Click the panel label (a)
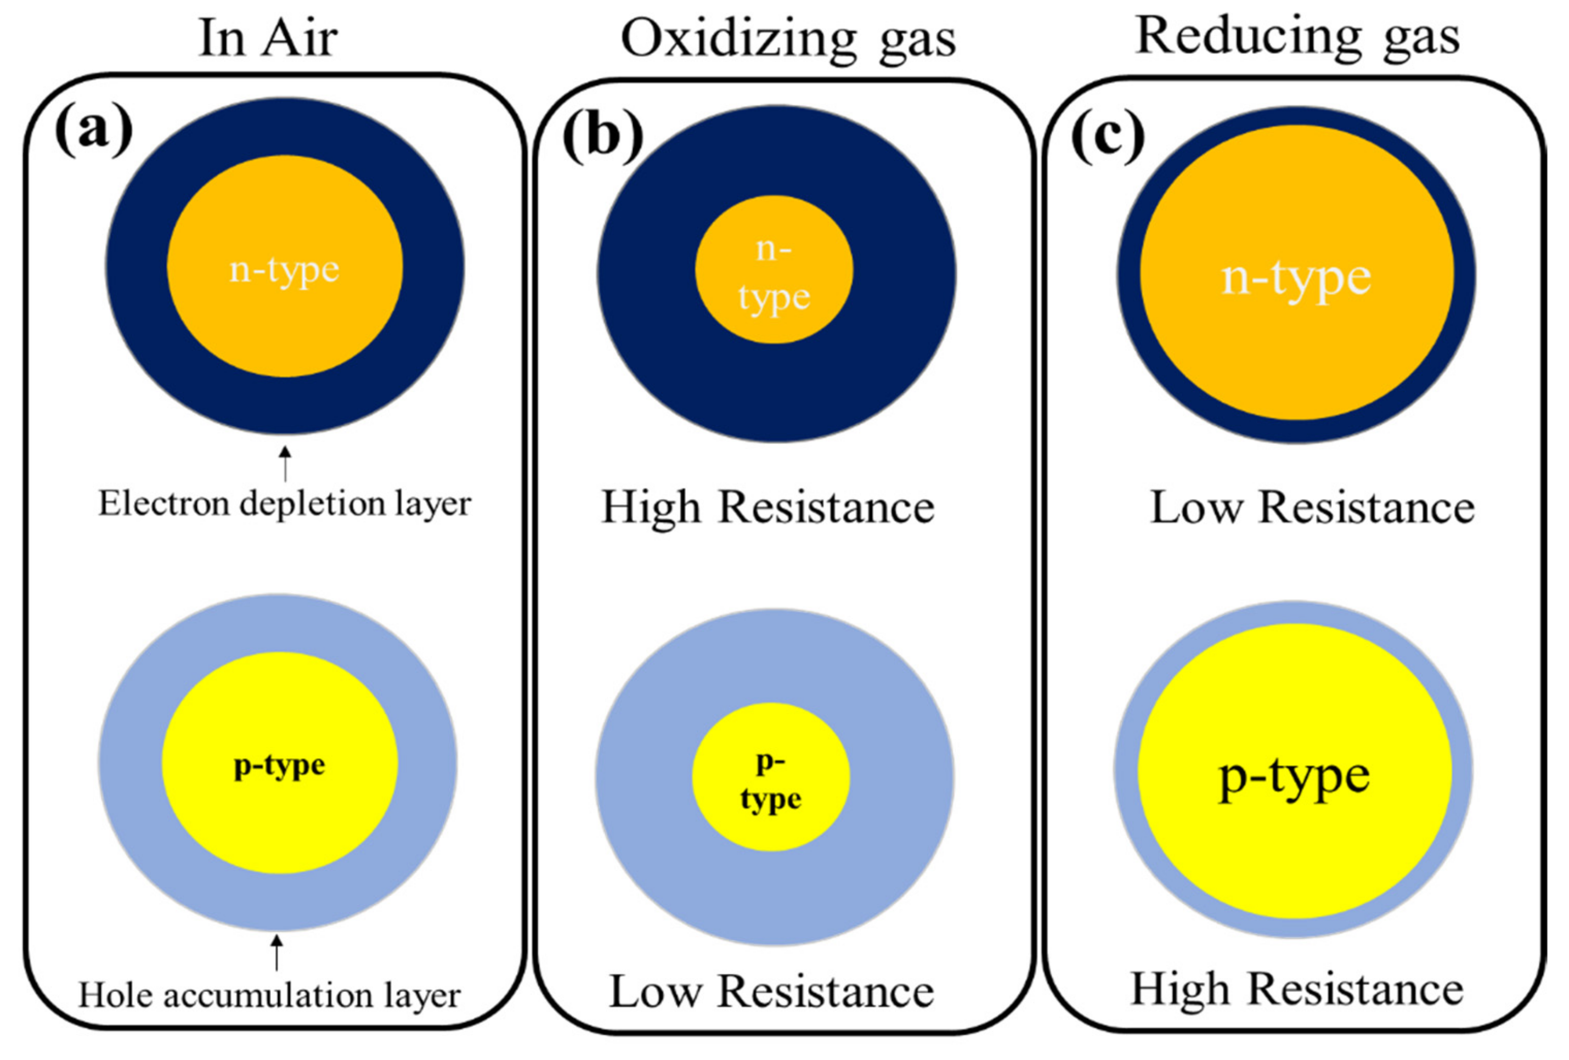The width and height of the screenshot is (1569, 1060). click(x=94, y=129)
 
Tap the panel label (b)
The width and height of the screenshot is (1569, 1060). click(x=603, y=134)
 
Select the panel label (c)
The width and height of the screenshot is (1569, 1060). click(x=1108, y=136)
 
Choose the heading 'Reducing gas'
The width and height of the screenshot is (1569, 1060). click(x=1297, y=36)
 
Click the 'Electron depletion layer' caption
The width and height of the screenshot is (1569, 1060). click(x=284, y=504)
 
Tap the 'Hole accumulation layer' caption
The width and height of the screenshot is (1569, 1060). click(x=269, y=995)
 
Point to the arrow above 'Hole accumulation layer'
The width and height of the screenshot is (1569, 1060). click(x=276, y=952)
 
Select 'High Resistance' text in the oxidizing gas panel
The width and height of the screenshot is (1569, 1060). click(x=767, y=508)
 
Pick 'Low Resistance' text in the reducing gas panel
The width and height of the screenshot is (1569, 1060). click(x=1312, y=508)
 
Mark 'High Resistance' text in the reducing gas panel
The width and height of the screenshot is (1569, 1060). click(x=1297, y=989)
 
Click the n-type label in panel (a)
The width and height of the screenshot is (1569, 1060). click(x=284, y=270)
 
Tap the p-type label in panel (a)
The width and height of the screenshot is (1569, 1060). click(x=279, y=765)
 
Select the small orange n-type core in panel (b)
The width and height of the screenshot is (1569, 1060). click(x=774, y=270)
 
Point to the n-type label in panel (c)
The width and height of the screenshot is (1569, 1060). click(x=1296, y=278)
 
